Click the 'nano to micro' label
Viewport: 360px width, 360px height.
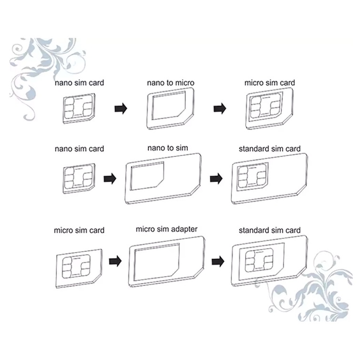click(x=171, y=82)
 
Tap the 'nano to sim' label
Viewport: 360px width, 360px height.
click(x=167, y=148)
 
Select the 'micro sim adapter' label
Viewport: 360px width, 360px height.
click(x=166, y=229)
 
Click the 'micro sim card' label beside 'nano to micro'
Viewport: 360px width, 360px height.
click(x=269, y=82)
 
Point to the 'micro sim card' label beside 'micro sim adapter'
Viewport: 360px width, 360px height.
click(x=79, y=230)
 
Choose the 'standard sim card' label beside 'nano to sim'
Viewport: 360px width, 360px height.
click(x=269, y=149)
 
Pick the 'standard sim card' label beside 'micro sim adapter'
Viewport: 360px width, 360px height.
click(x=269, y=230)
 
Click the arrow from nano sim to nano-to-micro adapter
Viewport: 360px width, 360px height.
click(x=121, y=108)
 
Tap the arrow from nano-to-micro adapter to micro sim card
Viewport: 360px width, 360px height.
click(x=220, y=108)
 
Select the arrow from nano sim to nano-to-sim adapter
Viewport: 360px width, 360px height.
click(x=110, y=179)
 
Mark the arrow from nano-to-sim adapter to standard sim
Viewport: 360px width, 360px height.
click(x=216, y=179)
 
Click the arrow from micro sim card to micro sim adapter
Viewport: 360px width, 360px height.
click(x=115, y=261)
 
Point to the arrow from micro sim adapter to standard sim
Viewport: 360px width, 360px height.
click(x=218, y=261)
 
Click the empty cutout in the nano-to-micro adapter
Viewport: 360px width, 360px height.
click(x=168, y=105)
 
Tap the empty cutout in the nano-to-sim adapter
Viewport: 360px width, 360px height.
click(x=147, y=176)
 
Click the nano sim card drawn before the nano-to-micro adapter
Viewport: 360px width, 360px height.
click(x=79, y=108)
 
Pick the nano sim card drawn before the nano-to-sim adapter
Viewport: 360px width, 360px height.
click(x=79, y=179)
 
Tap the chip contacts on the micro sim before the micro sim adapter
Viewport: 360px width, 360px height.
click(x=76, y=267)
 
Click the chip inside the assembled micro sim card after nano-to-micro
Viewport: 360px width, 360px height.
click(x=266, y=105)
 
